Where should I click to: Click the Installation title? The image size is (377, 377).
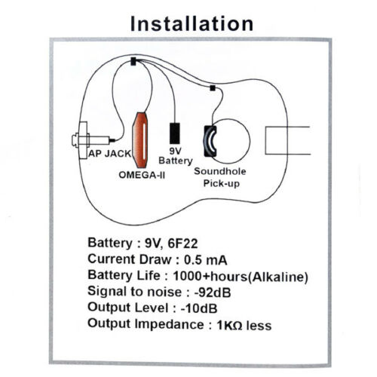point(192,24)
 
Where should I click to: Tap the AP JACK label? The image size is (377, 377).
point(110,153)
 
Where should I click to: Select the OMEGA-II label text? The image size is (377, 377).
point(142,175)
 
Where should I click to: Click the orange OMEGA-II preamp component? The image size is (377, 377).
point(140,140)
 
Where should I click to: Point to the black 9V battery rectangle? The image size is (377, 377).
point(175,133)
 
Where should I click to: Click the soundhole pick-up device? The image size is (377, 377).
point(210,141)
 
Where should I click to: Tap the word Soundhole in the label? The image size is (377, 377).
point(220,171)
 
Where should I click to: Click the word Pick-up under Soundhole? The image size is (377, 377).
point(221,183)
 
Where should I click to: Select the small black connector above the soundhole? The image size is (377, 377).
point(213,88)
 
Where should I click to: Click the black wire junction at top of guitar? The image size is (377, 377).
point(133,61)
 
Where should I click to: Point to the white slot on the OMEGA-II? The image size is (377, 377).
point(144,140)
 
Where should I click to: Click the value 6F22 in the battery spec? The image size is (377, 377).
point(182,244)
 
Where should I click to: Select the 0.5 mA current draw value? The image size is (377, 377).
point(206,260)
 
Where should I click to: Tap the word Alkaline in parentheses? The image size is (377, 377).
point(278,277)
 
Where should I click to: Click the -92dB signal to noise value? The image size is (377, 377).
point(213,293)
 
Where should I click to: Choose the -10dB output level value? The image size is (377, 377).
point(199,308)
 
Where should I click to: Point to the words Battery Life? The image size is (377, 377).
point(124,275)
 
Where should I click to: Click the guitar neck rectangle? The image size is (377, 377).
point(288,140)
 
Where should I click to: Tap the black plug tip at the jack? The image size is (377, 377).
point(112,140)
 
